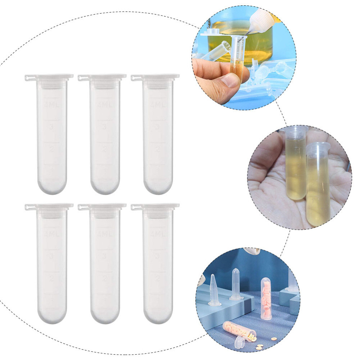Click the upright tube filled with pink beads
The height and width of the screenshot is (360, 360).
266,299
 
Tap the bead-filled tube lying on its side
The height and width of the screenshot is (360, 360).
239,331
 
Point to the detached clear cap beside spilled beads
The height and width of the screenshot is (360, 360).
240,342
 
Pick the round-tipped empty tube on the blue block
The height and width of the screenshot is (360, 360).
236,284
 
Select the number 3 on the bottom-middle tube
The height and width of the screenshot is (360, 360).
104,256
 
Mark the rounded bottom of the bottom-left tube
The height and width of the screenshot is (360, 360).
51,317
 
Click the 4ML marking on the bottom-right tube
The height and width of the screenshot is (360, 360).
157,234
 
